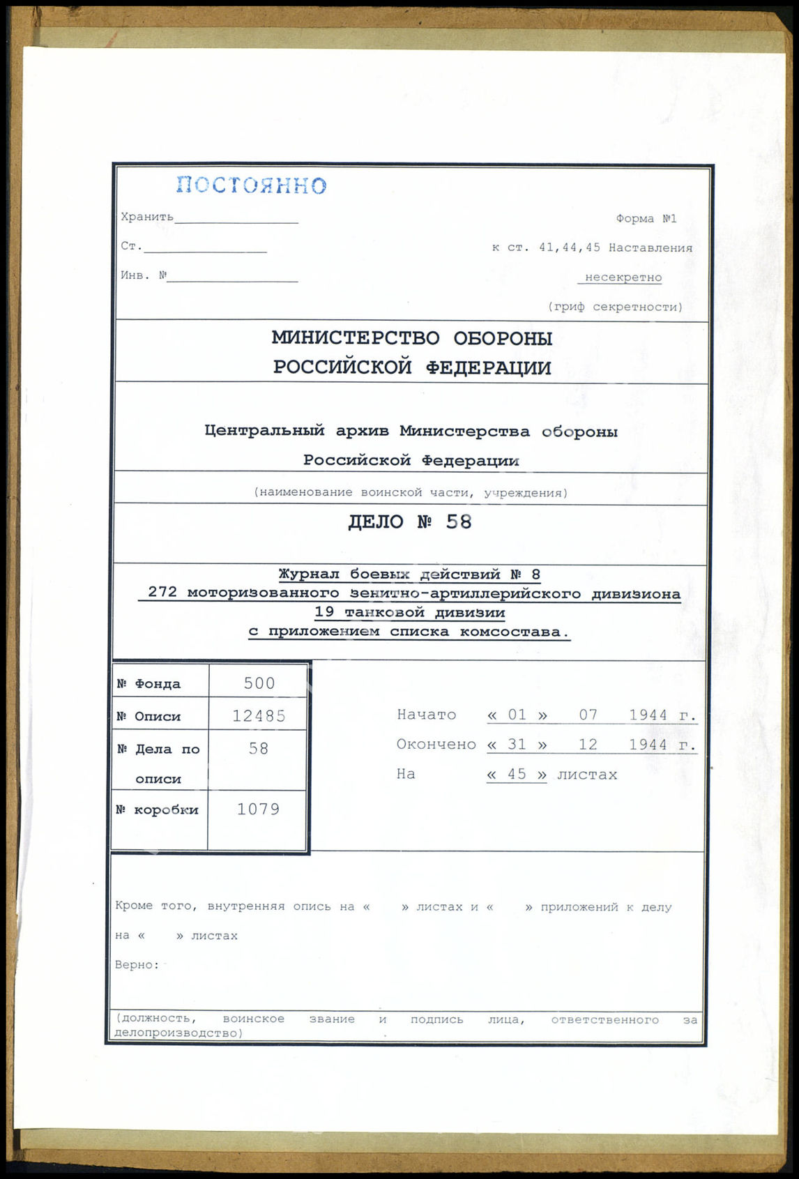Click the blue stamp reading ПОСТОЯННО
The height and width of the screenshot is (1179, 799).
[x=251, y=185]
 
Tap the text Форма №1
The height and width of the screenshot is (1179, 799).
[x=646, y=219]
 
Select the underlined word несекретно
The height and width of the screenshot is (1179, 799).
[x=623, y=277]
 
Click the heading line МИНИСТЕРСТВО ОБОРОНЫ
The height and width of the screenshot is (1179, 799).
[x=411, y=338]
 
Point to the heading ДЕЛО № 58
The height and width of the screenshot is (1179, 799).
[x=410, y=522]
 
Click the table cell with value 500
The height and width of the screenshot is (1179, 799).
[x=259, y=683]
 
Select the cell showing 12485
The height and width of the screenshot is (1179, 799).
[x=259, y=716]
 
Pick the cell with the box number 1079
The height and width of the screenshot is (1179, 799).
[x=258, y=809]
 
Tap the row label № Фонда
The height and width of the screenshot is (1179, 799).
[x=149, y=684]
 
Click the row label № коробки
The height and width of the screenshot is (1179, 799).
[x=158, y=810]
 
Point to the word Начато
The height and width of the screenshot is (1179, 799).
[x=426, y=715]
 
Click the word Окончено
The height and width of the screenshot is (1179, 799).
[x=436, y=745]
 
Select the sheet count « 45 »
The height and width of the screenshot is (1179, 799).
[x=517, y=775]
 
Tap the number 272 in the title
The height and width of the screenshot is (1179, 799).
[x=162, y=593]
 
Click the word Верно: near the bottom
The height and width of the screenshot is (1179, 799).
[x=137, y=965]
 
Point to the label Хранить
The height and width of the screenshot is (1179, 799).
[x=147, y=217]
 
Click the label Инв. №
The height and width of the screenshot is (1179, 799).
[x=144, y=275]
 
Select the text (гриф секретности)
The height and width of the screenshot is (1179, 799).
[x=615, y=307]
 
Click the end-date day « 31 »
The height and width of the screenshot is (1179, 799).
[x=517, y=745]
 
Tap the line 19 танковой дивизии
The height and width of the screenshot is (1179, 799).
[x=410, y=613]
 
